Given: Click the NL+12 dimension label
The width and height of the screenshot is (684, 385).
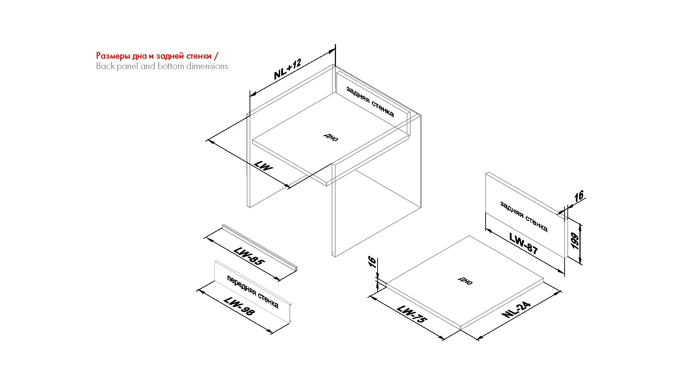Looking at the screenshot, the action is [x=288, y=69].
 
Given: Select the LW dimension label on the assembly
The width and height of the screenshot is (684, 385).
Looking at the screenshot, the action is [x=263, y=166].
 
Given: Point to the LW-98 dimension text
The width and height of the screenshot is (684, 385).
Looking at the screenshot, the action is [x=239, y=306].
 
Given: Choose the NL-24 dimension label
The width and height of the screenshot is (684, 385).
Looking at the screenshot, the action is [x=516, y=309].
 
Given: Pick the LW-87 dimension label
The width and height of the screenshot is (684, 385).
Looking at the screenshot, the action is [x=523, y=243].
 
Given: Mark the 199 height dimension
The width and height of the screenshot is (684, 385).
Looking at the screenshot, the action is [x=575, y=241].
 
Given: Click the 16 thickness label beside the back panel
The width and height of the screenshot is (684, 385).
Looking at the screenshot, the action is [x=579, y=196].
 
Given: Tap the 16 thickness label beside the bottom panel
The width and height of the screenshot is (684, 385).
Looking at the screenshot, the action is [x=372, y=262].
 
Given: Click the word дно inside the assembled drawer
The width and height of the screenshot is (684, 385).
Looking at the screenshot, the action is [x=331, y=137].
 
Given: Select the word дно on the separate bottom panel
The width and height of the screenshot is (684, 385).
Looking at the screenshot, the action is [x=465, y=281].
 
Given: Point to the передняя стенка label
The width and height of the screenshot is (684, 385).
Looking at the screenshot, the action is [x=253, y=292].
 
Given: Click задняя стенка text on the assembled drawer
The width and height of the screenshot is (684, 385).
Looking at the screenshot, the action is [x=370, y=102].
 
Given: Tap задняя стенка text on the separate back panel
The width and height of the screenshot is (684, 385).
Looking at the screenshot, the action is [x=524, y=216].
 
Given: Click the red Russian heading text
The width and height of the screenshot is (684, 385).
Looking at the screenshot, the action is [x=157, y=56].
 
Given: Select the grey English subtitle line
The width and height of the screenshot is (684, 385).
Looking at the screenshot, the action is [x=162, y=66].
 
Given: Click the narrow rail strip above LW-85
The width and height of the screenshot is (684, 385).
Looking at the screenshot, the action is [x=260, y=248].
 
